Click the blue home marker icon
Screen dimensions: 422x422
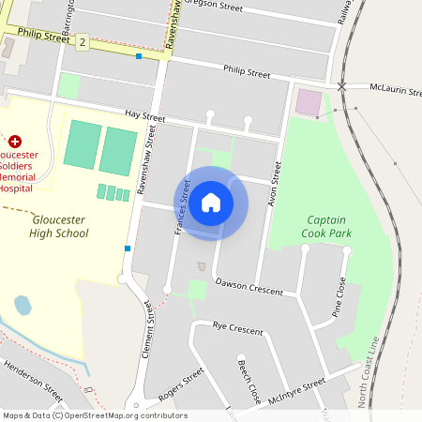(211, 203)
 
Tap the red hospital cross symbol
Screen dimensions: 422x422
(14, 140)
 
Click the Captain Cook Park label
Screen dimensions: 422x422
(328, 226)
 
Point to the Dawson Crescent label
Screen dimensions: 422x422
(249, 286)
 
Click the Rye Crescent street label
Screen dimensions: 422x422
(238, 329)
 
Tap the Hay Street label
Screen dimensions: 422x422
(144, 117)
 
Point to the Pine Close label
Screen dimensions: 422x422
(339, 297)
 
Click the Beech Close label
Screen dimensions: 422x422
(249, 380)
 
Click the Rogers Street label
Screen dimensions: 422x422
(181, 384)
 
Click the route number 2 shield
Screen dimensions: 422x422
(83, 42)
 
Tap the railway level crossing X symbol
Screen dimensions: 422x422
(342, 86)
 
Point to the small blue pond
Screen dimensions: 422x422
(23, 305)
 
